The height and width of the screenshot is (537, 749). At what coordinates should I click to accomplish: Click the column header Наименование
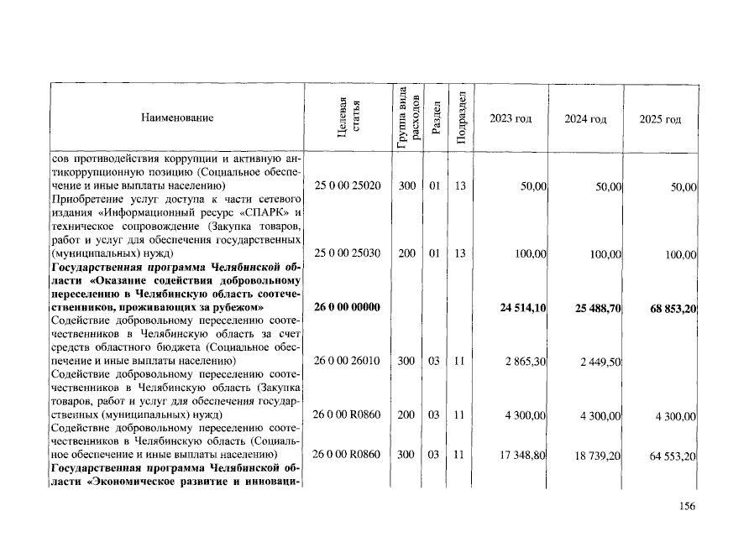[x=177, y=118]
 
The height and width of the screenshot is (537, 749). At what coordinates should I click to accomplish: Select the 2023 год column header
[x=511, y=119]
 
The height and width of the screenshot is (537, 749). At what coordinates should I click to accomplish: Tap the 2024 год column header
[x=586, y=119]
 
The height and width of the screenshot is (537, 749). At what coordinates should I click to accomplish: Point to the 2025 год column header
[x=660, y=119]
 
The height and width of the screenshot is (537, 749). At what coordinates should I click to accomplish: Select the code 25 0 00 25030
[x=348, y=253]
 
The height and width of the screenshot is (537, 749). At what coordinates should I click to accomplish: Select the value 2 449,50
[x=601, y=362]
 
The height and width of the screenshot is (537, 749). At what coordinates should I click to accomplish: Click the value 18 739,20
[x=599, y=456]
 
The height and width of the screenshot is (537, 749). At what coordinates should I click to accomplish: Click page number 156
[x=687, y=506]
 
